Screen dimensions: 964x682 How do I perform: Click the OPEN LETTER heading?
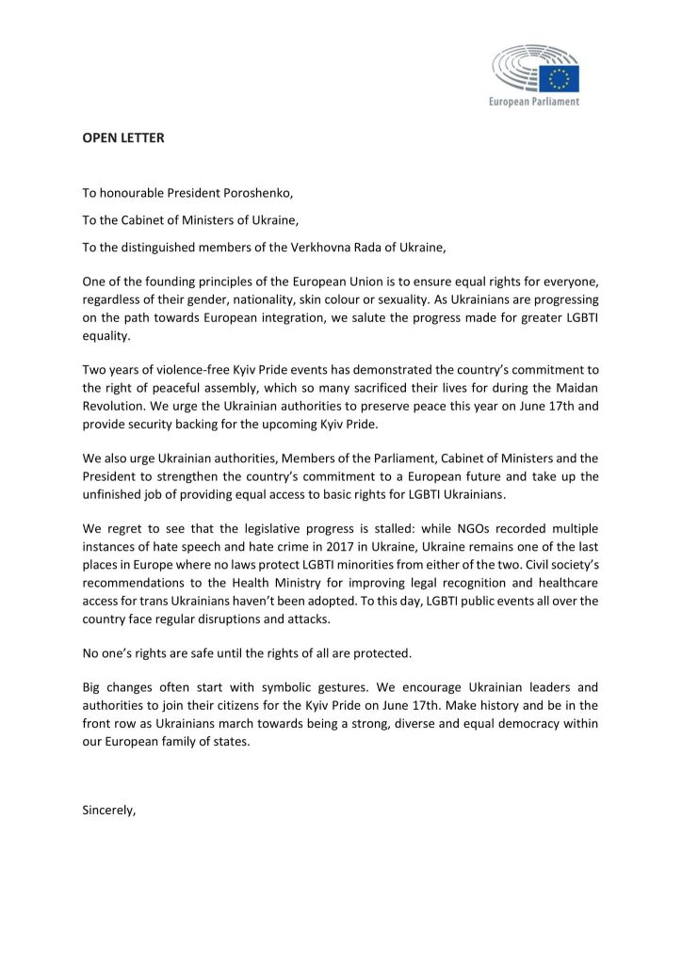point(123,137)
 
